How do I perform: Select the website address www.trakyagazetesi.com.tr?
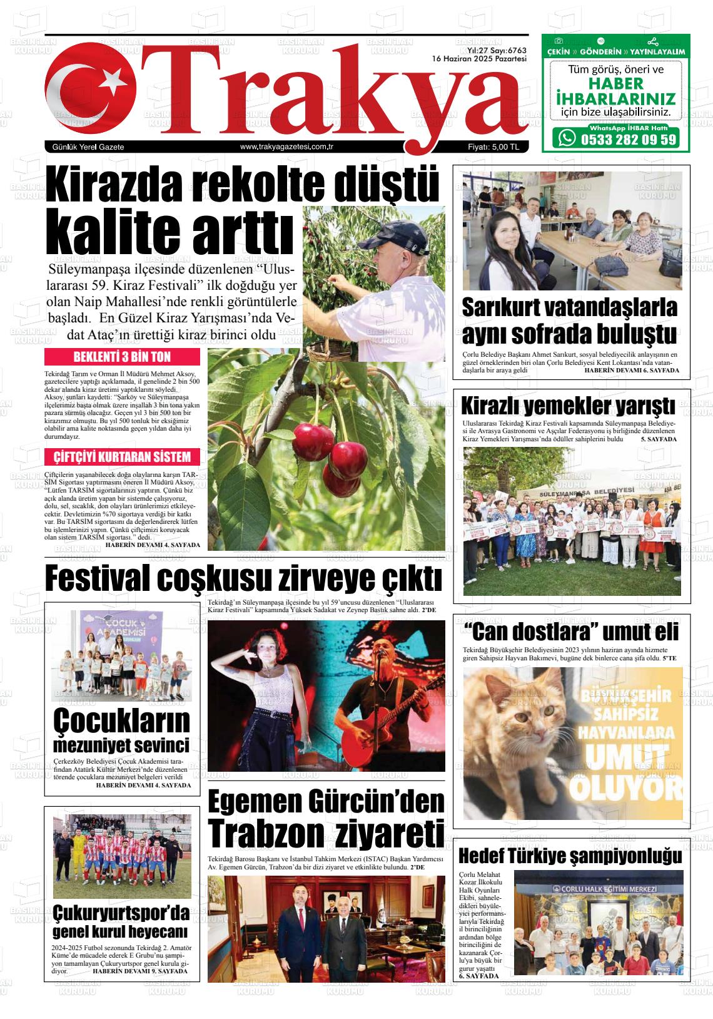(x=285, y=146)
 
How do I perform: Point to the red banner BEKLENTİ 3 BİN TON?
(x=122, y=357)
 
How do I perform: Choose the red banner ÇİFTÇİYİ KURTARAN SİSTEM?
(x=122, y=456)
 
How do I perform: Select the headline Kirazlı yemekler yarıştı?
(x=568, y=406)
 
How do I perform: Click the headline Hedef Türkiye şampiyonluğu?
(x=570, y=856)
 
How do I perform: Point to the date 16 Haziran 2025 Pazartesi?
(x=480, y=58)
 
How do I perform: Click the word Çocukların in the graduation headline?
(x=121, y=721)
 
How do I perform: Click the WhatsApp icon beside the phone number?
(x=567, y=138)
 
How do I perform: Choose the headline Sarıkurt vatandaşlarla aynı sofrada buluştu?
(x=570, y=321)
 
